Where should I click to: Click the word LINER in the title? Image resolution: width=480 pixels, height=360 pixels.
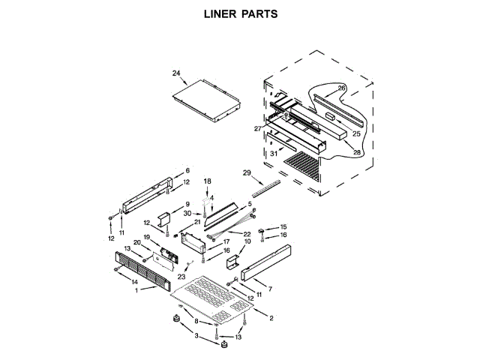click(x=220, y=13)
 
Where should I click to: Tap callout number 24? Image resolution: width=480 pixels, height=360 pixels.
click(x=176, y=73)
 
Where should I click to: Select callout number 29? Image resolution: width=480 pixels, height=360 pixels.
click(x=247, y=173)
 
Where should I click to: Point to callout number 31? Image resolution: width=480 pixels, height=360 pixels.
click(x=274, y=153)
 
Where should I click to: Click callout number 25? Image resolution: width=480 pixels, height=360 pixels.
click(x=356, y=133)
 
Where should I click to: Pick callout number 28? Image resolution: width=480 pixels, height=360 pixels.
click(x=357, y=152)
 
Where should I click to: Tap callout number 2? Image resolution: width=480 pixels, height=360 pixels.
click(x=271, y=318)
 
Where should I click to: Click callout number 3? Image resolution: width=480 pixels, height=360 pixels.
click(x=196, y=336)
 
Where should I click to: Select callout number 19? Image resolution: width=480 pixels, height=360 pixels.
click(x=147, y=237)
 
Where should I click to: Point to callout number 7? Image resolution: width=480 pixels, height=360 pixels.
click(x=270, y=289)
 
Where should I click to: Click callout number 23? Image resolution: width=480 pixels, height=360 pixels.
click(x=181, y=277)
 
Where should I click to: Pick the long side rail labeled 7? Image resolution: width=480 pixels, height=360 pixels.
click(x=265, y=262)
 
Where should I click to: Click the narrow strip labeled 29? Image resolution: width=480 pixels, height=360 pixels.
click(x=266, y=188)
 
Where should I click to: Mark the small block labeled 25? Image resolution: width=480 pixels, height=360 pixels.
click(x=331, y=116)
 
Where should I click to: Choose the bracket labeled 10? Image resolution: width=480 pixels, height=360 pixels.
click(x=233, y=262)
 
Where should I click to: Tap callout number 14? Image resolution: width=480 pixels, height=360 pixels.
click(x=135, y=282)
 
